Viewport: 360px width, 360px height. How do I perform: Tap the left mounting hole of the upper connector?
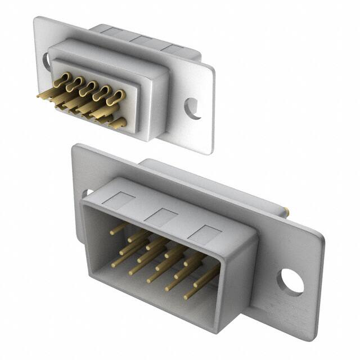coord(46,61)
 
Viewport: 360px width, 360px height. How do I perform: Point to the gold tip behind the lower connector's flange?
coord(288,213)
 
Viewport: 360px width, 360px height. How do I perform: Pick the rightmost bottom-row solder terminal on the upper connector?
coord(115,123)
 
